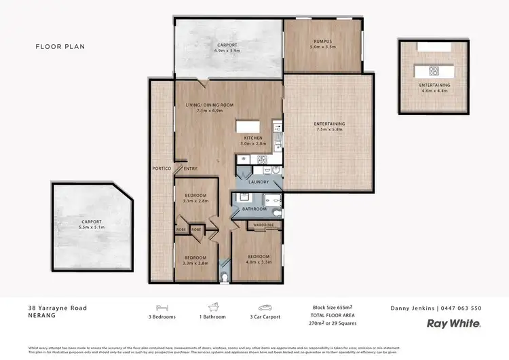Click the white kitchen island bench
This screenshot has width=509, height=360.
coord(248,127)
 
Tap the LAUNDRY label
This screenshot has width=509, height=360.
coord(259,183)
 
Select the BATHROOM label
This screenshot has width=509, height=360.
coord(255,209)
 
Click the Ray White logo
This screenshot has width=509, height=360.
coord(453,324)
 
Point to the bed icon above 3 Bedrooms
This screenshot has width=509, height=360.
coord(162,306)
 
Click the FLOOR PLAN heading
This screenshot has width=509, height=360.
coord(60,47)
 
